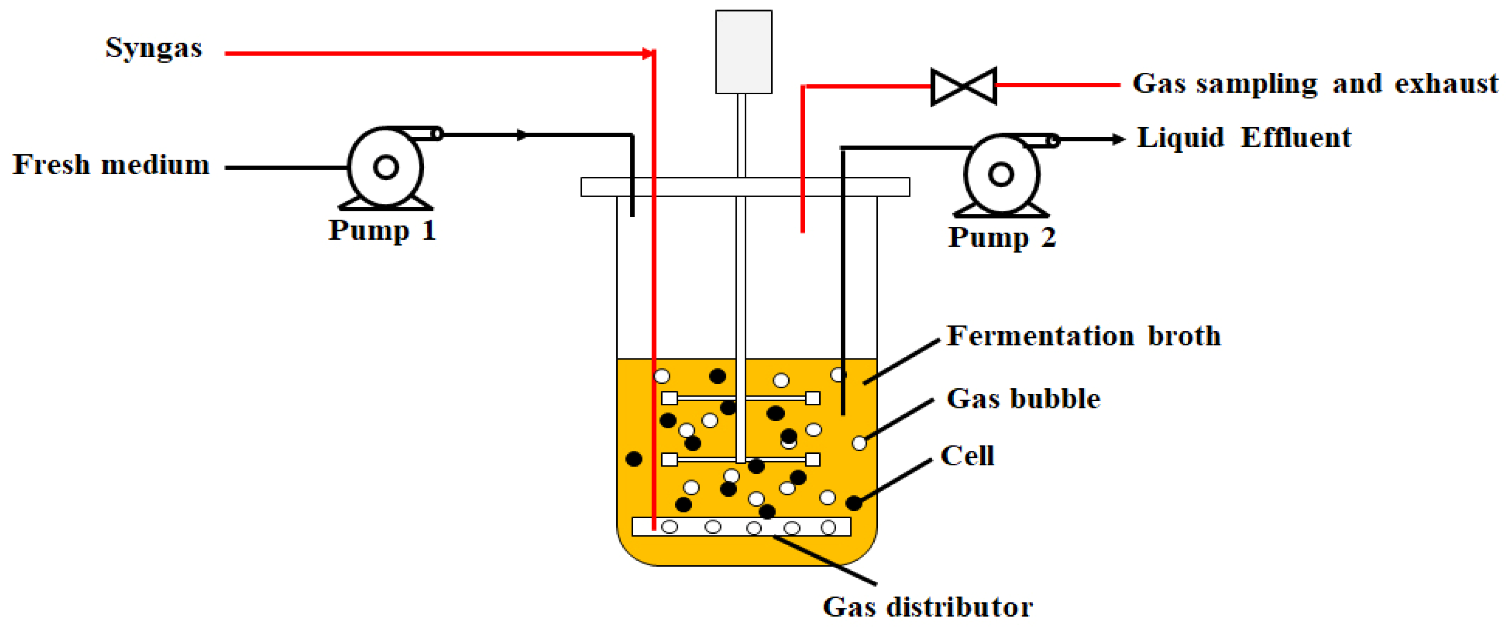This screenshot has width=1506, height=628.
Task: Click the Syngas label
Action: pyautogui.click(x=153, y=48)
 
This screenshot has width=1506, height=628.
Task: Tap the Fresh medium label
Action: pyautogui.click(x=111, y=165)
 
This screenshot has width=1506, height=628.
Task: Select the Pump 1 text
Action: pyautogui.click(x=382, y=231)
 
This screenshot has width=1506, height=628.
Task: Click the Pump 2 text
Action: pyautogui.click(x=1001, y=238)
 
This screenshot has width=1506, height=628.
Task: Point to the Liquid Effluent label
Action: pyautogui.click(x=1244, y=138)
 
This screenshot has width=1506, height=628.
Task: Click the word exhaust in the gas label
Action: pyautogui.click(x=1447, y=84)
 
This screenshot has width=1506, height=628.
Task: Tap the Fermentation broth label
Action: pyautogui.click(x=1083, y=336)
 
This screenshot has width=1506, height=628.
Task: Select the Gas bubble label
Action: pyautogui.click(x=1023, y=399)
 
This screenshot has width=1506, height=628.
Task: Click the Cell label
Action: pyautogui.click(x=967, y=456)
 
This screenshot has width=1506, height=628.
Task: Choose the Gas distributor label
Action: pyautogui.click(x=927, y=607)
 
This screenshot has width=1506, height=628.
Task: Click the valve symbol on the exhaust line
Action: pyautogui.click(x=963, y=86)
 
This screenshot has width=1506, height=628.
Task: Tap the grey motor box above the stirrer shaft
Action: pyautogui.click(x=744, y=51)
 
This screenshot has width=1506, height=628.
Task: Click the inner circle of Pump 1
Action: pyautogui.click(x=386, y=167)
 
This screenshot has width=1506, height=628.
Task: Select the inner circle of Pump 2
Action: pyautogui.click(x=1001, y=174)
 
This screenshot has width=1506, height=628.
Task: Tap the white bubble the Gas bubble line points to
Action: pyautogui.click(x=859, y=443)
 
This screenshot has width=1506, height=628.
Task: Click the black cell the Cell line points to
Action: pyautogui.click(x=854, y=502)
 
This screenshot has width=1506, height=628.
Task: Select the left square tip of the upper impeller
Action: pyautogui.click(x=669, y=398)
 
